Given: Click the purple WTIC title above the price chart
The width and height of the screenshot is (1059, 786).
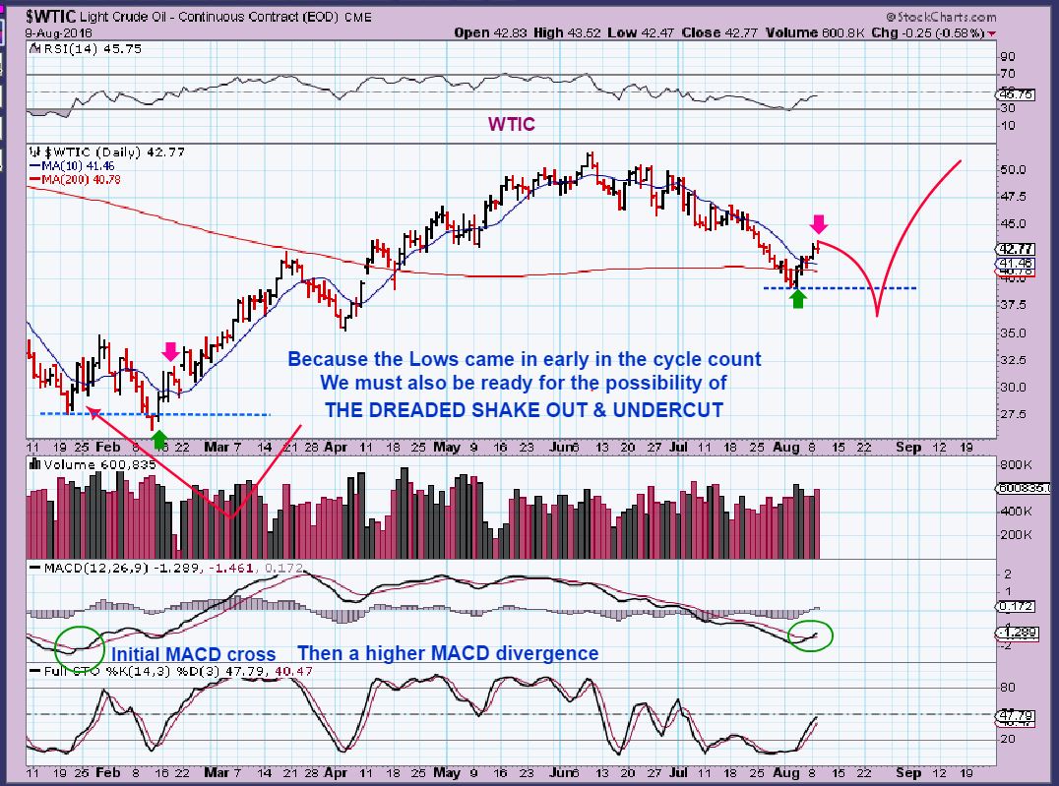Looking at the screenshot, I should tap(513, 125).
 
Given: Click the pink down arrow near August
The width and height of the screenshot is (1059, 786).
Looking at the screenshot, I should tap(819, 223).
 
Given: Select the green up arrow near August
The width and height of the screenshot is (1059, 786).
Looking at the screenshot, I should tap(798, 298).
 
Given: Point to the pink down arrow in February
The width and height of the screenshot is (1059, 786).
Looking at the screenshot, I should tap(171, 351).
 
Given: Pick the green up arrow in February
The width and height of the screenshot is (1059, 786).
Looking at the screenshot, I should tap(160, 439).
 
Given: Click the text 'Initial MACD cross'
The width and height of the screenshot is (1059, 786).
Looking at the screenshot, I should tap(193, 654).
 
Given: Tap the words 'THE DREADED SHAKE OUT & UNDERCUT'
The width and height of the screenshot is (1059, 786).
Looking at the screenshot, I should tap(524, 409).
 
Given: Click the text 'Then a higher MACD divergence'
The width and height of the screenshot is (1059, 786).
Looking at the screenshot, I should tap(448, 653).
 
